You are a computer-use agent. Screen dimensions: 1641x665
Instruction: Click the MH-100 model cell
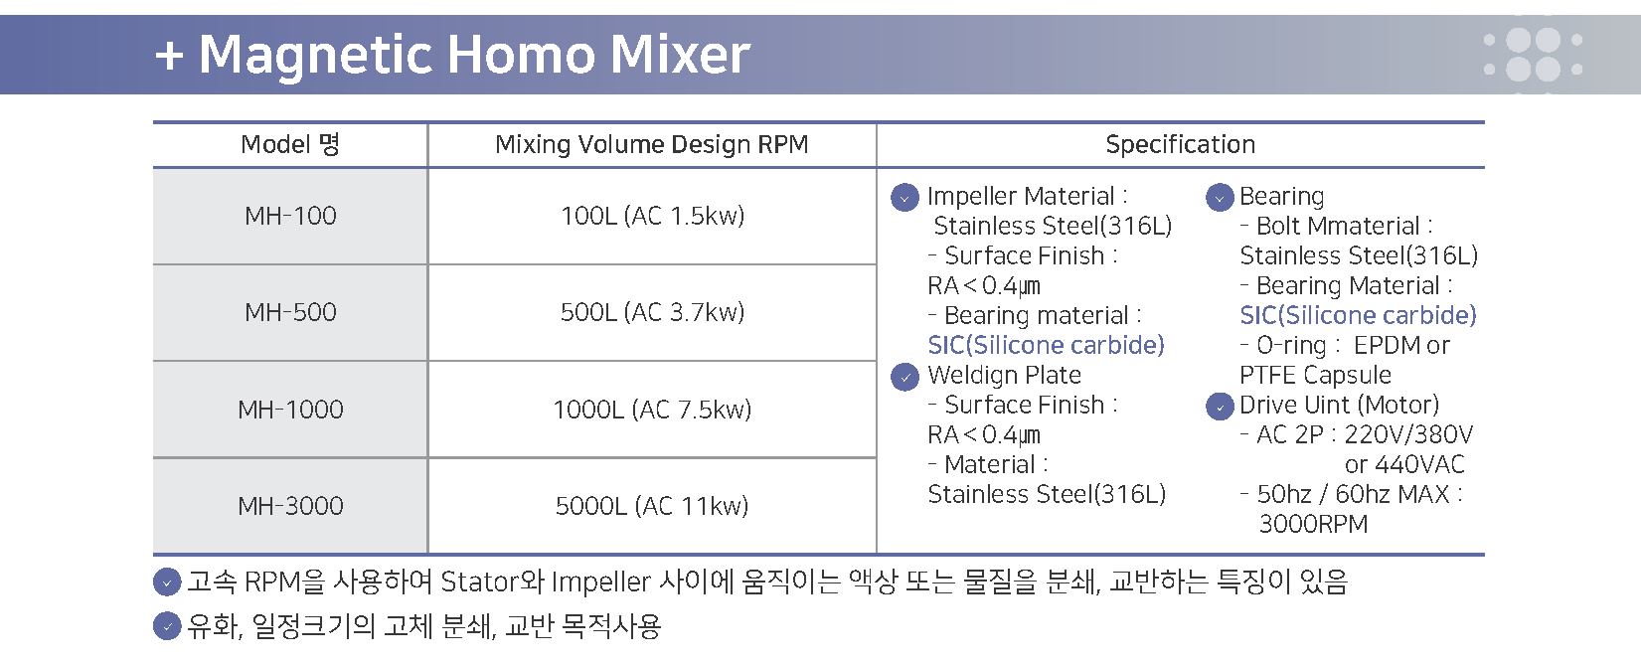(x=290, y=216)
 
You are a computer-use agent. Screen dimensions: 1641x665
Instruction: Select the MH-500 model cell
(x=290, y=313)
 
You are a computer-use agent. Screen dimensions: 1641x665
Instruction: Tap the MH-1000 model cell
(x=290, y=410)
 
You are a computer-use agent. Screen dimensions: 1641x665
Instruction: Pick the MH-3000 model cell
(x=290, y=506)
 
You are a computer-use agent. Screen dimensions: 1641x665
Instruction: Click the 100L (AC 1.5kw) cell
(x=652, y=216)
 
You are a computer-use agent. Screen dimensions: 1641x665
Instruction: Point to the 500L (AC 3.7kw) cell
(x=652, y=313)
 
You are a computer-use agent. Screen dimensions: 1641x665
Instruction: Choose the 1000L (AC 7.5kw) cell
(x=652, y=410)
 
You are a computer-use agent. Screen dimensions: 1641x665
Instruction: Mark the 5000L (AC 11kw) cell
(x=652, y=506)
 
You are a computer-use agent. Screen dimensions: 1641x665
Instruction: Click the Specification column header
(x=1180, y=144)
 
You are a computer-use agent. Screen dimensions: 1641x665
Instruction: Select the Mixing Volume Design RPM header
(x=651, y=145)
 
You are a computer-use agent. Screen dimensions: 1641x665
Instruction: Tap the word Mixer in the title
(x=681, y=55)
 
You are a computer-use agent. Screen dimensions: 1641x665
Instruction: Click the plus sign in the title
(x=169, y=56)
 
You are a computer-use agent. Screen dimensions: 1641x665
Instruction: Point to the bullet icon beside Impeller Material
(x=904, y=197)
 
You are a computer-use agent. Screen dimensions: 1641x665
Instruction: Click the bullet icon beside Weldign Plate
(x=904, y=377)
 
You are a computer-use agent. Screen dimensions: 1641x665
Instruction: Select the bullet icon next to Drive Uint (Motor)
(x=1220, y=407)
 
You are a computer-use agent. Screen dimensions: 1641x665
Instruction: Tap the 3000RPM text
(x=1313, y=525)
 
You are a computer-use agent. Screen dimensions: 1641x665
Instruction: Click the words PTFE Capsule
(x=1315, y=376)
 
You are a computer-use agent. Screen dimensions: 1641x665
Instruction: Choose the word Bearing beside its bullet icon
(x=1282, y=197)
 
